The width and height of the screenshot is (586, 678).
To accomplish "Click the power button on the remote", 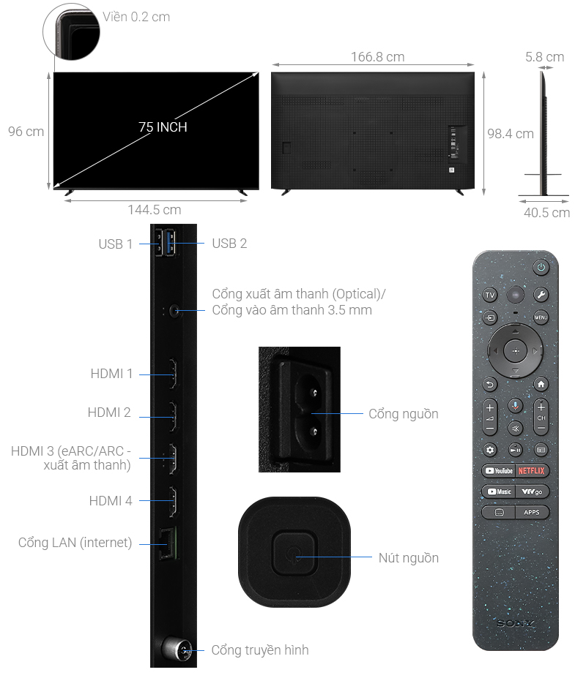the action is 541,267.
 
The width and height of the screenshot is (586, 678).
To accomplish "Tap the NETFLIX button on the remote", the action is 531,470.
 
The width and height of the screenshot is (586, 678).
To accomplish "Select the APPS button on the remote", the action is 532,512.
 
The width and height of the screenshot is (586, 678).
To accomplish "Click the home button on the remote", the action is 541,384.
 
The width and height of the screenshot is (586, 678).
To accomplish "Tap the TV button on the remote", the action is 490,295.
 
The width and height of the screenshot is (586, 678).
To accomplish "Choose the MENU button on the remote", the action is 541,317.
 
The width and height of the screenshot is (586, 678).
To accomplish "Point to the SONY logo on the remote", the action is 515,623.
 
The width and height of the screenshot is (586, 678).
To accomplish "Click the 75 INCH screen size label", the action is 163,127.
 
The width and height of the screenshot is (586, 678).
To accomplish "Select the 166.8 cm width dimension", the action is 378,56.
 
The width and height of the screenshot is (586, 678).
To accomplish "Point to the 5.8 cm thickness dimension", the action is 544,56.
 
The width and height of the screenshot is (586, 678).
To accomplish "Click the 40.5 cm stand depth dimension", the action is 546,213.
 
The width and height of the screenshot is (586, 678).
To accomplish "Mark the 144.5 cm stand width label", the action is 155,210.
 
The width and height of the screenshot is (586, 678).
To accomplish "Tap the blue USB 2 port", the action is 171,243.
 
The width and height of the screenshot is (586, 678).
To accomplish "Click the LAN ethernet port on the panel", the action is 167,543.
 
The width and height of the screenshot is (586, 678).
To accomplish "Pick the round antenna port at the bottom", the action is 177,649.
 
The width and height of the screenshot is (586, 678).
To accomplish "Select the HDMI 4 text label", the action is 111,501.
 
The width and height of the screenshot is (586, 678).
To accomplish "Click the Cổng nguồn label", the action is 403,414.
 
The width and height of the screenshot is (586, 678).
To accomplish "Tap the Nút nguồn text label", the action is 409,558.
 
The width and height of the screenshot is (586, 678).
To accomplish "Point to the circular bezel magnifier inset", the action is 72,31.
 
